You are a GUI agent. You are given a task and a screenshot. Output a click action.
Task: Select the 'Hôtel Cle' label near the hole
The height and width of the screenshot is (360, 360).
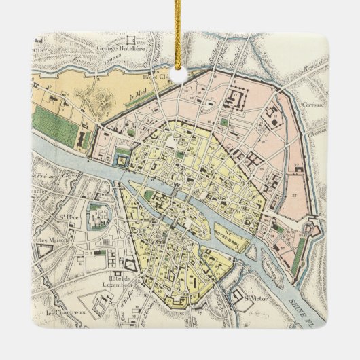click(x=153, y=77)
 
